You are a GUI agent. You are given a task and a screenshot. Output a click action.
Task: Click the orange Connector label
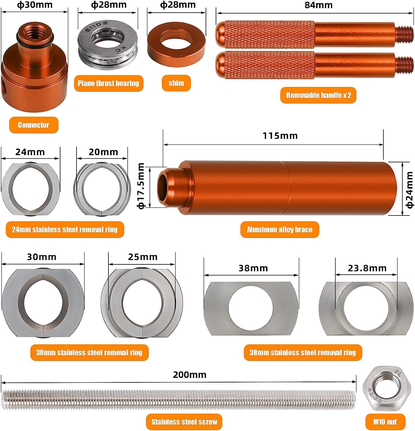click(34, 125)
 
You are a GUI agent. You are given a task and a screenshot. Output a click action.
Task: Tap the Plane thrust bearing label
click(108, 83)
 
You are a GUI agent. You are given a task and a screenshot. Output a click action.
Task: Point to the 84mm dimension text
click(318, 5)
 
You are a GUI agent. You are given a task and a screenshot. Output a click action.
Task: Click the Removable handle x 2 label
click(318, 95)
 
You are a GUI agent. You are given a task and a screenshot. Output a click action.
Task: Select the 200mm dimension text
click(190, 375)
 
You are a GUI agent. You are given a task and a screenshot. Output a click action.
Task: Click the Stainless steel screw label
click(184, 422)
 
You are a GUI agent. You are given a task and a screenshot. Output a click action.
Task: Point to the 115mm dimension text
click(280, 136)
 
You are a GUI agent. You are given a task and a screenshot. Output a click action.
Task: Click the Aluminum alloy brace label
click(280, 230)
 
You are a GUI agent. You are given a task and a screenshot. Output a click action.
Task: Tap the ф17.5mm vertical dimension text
click(141, 186)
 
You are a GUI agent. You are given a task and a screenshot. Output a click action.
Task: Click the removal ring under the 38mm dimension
click(251, 308)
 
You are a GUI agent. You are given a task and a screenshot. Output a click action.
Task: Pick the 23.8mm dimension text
click(367, 268)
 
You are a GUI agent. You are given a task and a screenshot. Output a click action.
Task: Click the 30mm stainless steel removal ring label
click(89, 353)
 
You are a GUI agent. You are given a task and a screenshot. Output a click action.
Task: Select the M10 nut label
click(385, 422)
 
